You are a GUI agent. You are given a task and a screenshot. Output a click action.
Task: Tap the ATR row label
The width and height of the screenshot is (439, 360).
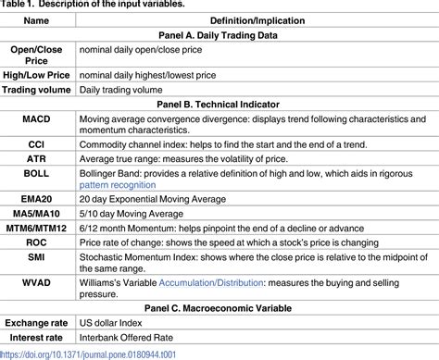pyautogui.click(x=38, y=167)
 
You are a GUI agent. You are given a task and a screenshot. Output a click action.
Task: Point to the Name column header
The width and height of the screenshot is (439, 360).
pyautogui.click(x=38, y=20)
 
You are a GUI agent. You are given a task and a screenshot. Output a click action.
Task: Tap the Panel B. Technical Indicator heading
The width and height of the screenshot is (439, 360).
pyautogui.click(x=219, y=104)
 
